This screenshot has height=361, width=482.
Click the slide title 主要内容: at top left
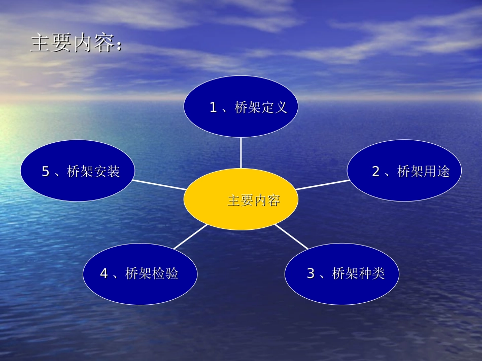point(76,43)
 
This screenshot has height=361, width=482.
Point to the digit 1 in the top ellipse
point(213,107)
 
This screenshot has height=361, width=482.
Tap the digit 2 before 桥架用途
point(376,172)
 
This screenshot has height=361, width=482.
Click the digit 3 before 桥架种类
point(311,274)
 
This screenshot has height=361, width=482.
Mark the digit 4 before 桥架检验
point(104,274)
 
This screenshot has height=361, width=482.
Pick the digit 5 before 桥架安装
point(46,172)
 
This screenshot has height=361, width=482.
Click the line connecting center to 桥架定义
point(240,152)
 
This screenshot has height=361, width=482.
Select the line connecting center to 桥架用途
point(322,185)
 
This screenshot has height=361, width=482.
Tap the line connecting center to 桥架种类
point(291,236)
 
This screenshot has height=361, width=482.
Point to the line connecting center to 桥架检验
point(190,236)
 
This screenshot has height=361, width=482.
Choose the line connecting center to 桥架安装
point(159,185)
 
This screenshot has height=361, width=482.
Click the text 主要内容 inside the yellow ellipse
point(254,200)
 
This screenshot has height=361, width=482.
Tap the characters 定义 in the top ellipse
point(274,107)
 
